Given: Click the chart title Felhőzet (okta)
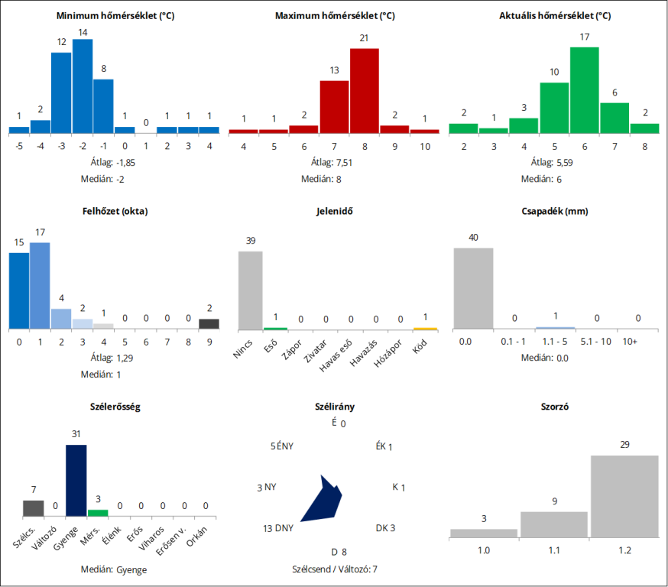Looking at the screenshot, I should [x=115, y=211].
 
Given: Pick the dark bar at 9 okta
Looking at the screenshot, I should [x=209, y=323].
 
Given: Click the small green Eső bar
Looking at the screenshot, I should [x=275, y=329].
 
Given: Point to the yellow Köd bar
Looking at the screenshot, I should [x=425, y=329].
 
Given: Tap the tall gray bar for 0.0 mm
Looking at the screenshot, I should [x=473, y=288].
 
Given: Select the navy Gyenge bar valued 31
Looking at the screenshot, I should [x=76, y=481].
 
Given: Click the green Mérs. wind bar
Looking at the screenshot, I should [x=98, y=513].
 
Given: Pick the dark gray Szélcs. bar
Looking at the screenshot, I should [x=33, y=508].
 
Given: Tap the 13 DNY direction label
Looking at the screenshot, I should [x=278, y=528].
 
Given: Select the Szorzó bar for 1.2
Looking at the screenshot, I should [x=624, y=496].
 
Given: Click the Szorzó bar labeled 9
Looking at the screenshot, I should [x=554, y=524].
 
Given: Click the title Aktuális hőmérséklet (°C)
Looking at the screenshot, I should [x=554, y=16].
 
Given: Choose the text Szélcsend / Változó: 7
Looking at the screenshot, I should [x=334, y=569].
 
